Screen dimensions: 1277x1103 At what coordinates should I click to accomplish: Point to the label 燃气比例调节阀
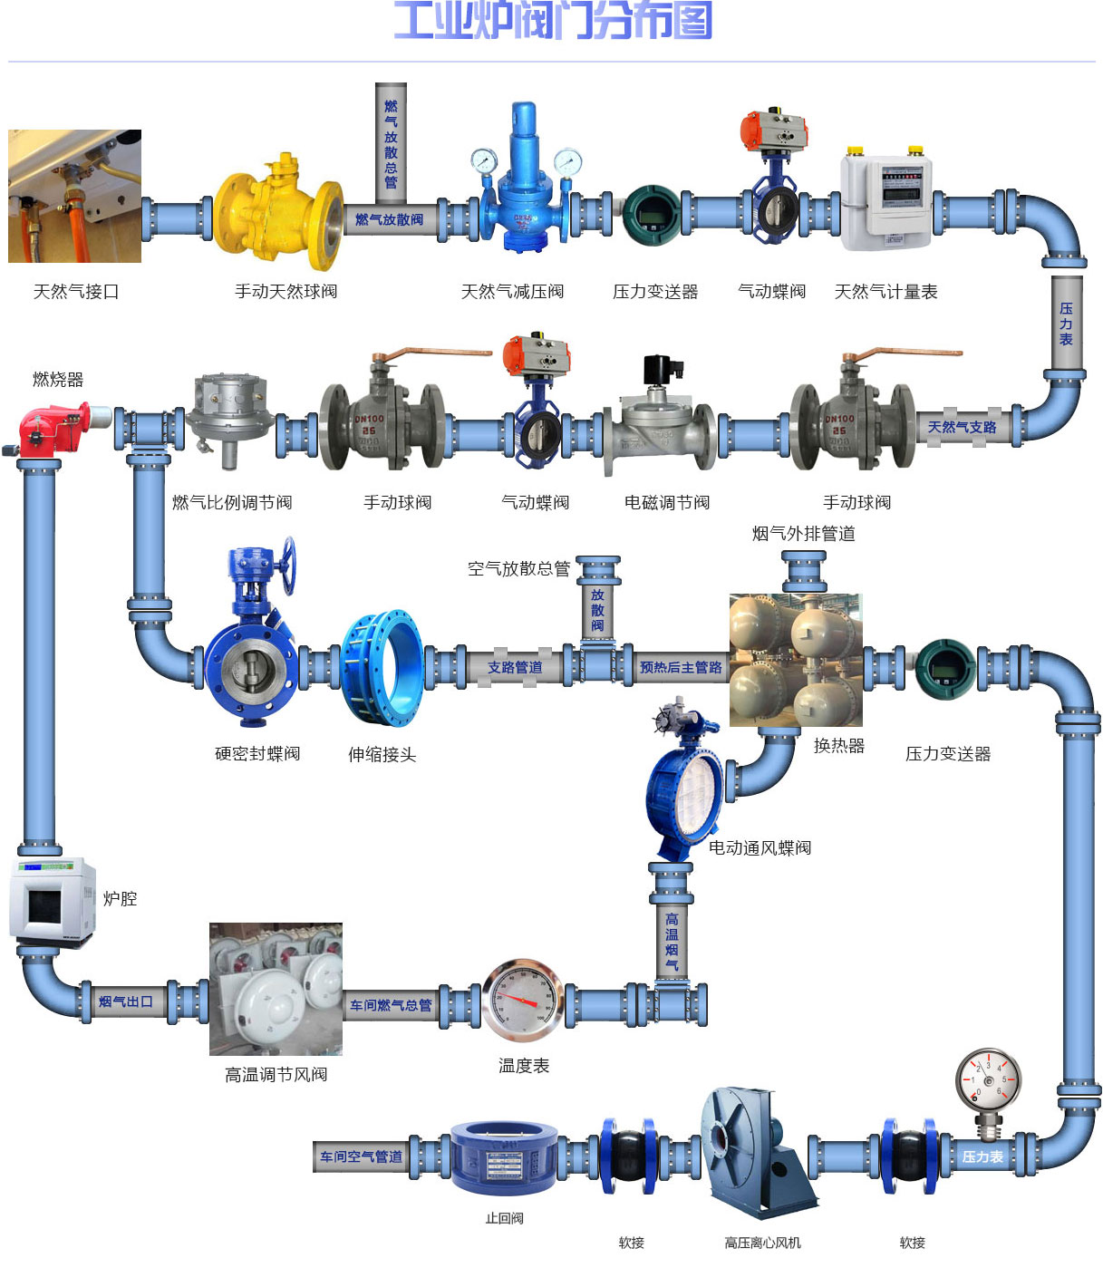232,502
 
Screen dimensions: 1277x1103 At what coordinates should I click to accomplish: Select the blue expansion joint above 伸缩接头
382,667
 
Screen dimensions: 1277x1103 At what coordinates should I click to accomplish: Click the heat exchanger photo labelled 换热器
796,660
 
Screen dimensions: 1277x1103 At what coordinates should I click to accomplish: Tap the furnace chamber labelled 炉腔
53,902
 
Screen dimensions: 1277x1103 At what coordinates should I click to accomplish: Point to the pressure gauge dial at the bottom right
988,1080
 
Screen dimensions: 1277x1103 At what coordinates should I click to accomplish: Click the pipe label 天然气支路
962,427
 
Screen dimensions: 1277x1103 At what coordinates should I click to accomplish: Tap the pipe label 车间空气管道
361,1157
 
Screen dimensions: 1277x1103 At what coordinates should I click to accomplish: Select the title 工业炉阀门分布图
552,21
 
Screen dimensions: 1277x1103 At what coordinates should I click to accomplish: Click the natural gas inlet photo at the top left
74,196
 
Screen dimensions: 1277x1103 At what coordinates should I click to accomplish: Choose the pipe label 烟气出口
126,1001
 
